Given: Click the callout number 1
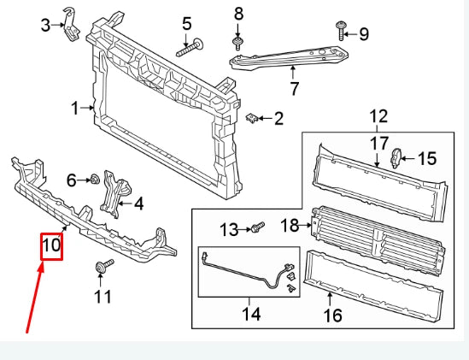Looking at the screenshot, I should (x=74, y=108).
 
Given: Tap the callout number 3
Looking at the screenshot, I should (x=46, y=26).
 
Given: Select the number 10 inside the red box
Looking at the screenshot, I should (x=51, y=245).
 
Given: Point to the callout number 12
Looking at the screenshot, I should (x=378, y=115).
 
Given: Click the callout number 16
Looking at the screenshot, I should (x=331, y=316).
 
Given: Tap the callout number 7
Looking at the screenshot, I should (x=294, y=87).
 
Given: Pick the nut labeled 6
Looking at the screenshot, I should (x=95, y=180).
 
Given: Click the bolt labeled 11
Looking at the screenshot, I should (x=102, y=269).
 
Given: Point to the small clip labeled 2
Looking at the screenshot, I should (x=251, y=118).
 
